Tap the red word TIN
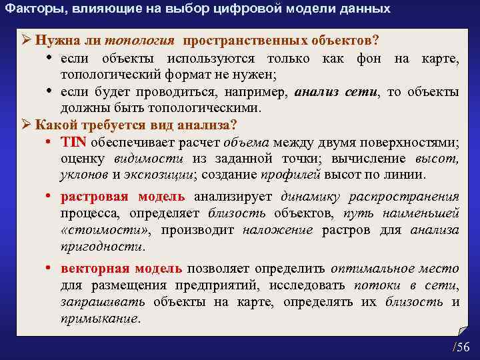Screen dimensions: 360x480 tap(70, 142)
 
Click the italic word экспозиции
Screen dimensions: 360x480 tap(158, 175)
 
